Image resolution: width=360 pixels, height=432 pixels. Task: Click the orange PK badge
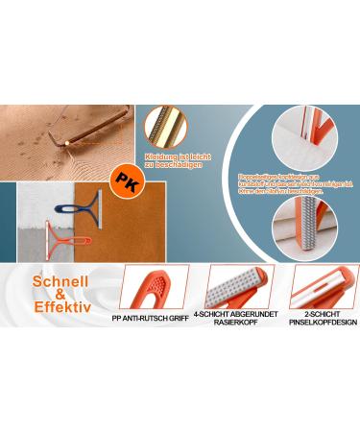tap(123, 179)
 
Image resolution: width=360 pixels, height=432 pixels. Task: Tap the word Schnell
tap(60, 285)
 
